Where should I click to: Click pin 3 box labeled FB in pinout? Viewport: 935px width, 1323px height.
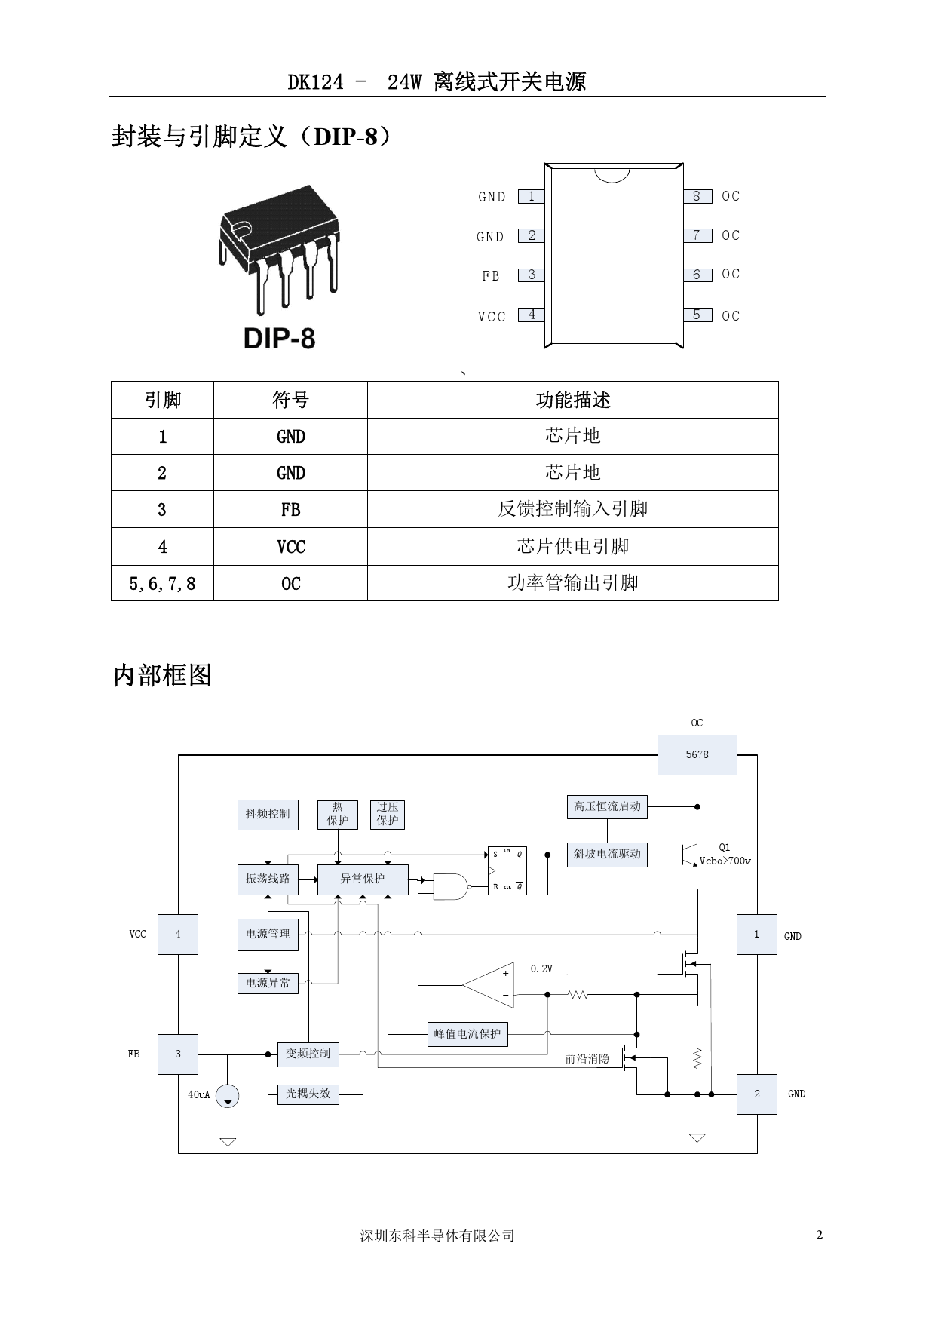(532, 275)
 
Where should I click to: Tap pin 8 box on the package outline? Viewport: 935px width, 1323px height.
(697, 196)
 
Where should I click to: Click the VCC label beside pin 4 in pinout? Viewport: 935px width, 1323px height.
(492, 317)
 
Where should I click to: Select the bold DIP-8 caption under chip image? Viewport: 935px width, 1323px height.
(279, 339)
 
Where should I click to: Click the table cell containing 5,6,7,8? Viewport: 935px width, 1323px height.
(162, 584)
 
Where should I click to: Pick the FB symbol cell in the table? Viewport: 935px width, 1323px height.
(290, 510)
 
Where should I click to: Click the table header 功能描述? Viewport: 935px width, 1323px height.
(572, 400)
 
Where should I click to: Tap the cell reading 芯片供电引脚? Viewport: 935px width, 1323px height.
(572, 546)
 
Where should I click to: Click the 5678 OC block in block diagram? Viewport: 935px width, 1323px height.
(697, 754)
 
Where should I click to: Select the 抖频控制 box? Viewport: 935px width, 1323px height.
(268, 815)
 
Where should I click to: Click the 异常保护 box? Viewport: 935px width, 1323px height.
(363, 879)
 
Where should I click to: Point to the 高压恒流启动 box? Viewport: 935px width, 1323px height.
(607, 806)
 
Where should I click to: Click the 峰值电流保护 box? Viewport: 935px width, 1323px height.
(467, 1034)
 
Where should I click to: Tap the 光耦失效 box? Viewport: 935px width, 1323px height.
(308, 1094)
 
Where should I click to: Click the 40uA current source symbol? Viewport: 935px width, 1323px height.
(228, 1096)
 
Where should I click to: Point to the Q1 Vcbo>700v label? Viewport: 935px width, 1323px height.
(725, 855)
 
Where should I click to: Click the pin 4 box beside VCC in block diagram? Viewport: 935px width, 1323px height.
(178, 935)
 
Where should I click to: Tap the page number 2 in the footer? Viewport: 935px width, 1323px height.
(820, 1236)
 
